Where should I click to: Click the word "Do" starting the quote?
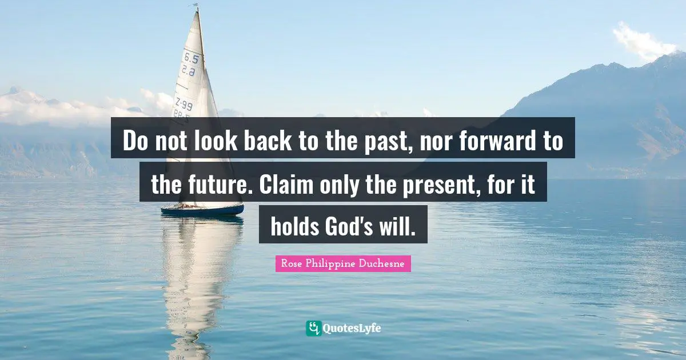[135, 141]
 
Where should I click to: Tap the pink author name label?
[343, 263]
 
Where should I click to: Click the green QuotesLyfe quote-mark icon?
[313, 328]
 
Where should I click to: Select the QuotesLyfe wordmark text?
[352, 329]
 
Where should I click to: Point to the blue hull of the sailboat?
[202, 210]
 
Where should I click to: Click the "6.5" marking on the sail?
[191, 58]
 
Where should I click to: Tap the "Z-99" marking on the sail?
[184, 105]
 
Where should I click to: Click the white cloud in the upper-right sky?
[643, 41]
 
